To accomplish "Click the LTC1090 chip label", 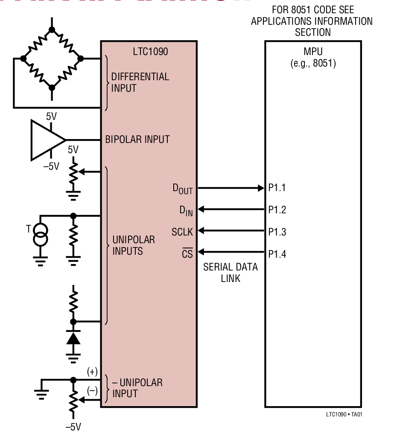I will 150,52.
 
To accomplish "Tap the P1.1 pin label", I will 277,188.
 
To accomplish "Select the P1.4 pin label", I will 277,254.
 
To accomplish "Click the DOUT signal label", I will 183,189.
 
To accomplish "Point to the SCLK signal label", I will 182,232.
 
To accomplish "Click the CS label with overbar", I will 187,254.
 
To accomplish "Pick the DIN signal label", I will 186,210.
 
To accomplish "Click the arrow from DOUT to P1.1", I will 231,188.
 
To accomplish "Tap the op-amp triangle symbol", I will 46,140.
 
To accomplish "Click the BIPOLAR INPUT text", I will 137,140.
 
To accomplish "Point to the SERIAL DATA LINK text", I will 231,273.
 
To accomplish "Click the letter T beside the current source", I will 29,229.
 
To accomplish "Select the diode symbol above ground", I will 73,338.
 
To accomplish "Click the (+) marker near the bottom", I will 92,372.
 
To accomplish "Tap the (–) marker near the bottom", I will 92,390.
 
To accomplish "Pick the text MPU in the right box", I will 313,52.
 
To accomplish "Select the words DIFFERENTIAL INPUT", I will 140,83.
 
